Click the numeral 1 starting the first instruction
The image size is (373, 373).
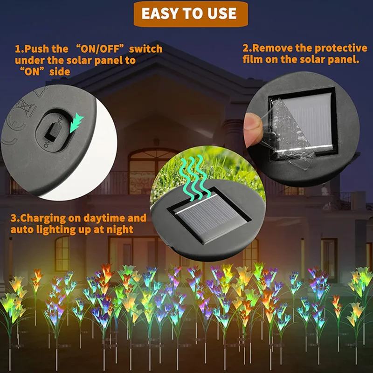pos(18,48)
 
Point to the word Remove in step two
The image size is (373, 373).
pos(271,48)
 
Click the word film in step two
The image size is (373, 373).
pos(254,60)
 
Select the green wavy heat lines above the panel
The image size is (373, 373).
pos(192,175)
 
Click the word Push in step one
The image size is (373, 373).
pos(37,48)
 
